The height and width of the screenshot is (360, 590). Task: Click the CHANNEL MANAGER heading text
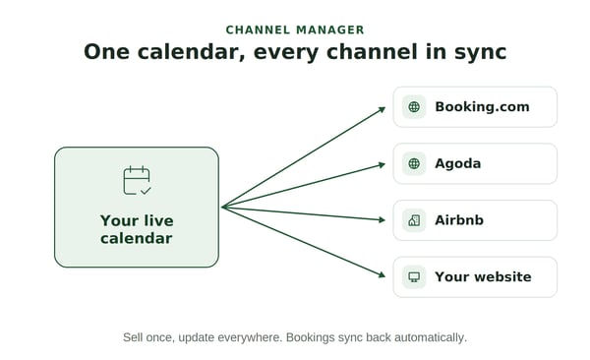click(295, 30)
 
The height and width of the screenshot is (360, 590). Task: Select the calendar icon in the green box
click(137, 180)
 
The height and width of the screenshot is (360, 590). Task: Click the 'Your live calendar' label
click(137, 229)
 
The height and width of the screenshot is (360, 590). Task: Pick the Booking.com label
click(482, 107)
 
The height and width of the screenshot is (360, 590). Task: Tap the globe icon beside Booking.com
click(414, 107)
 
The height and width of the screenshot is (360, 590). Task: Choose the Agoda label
click(458, 164)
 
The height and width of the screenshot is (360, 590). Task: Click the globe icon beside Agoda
click(414, 163)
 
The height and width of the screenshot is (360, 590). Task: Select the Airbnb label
click(459, 220)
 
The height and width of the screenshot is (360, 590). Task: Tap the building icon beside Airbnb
click(414, 220)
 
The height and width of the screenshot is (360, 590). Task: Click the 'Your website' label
click(483, 276)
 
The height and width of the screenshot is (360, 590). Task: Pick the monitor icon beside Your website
click(414, 277)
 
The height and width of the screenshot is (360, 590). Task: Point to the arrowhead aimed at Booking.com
click(382, 109)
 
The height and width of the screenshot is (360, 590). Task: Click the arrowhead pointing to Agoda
click(382, 165)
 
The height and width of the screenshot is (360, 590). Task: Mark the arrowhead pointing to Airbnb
click(382, 219)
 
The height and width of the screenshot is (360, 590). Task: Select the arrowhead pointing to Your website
click(382, 274)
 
